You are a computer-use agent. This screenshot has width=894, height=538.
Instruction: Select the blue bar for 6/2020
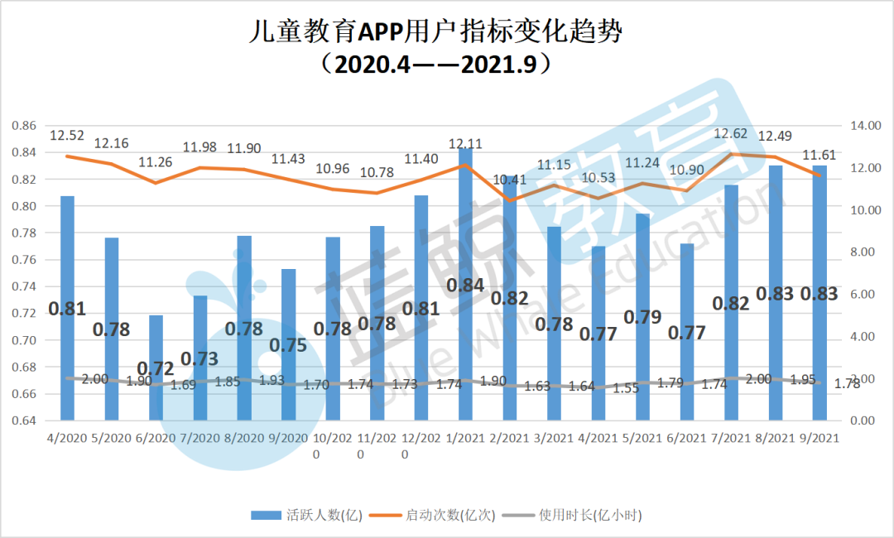(156, 367)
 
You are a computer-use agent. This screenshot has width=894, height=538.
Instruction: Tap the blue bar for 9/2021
(819, 293)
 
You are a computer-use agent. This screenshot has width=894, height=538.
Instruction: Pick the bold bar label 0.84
(465, 286)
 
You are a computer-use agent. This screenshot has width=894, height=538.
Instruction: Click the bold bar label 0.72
(156, 366)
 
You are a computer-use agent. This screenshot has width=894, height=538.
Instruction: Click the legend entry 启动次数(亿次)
(439, 515)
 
